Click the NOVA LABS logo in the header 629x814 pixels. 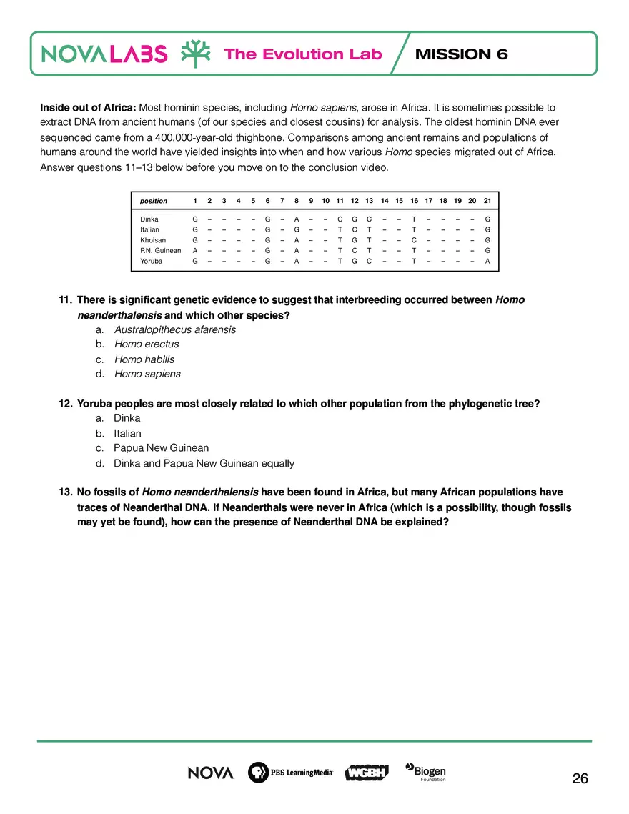[x=105, y=54]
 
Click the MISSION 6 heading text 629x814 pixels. [x=461, y=54]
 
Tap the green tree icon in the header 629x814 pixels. [x=194, y=54]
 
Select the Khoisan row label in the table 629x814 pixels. [x=153, y=240]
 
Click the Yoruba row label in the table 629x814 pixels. [x=152, y=262]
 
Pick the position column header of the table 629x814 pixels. [x=154, y=201]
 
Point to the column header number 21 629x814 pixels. [x=487, y=201]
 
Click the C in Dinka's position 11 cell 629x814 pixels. [x=340, y=219]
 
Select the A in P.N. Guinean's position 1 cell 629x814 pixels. [x=195, y=251]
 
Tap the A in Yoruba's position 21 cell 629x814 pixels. [x=487, y=262]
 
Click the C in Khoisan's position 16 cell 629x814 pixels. [x=414, y=240]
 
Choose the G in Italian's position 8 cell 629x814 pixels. [x=297, y=229]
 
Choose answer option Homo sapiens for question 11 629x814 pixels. [x=147, y=374]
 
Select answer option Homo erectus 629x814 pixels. [x=147, y=344]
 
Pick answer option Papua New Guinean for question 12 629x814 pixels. [x=161, y=448]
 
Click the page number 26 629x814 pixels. [x=580, y=779]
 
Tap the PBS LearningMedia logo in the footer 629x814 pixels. [x=290, y=773]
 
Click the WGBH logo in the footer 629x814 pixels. [x=366, y=773]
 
